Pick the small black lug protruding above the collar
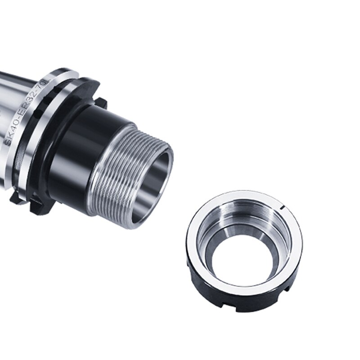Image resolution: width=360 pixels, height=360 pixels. pos(100,102)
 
